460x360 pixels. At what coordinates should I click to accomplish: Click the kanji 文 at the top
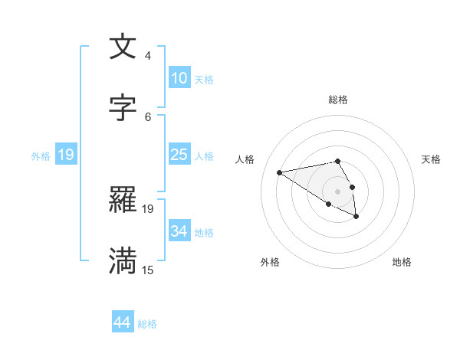123,47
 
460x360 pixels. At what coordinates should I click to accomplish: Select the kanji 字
123,108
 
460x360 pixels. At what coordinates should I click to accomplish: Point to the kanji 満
123,261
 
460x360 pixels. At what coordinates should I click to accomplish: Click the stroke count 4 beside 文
148,56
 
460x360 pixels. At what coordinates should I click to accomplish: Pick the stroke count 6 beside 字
148,116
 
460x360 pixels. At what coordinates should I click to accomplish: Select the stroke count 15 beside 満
148,270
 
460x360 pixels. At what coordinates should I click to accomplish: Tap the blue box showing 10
179,78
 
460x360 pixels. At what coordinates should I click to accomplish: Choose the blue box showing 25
179,155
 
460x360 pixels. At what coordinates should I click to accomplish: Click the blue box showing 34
179,231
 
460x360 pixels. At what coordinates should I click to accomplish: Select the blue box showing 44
123,322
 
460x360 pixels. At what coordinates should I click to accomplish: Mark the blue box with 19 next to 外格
66,155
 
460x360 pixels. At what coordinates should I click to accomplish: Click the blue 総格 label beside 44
147,324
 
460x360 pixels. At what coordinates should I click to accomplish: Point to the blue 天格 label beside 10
204,80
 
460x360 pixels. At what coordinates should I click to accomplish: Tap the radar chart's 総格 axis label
338,100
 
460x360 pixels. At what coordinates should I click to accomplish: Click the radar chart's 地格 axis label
402,262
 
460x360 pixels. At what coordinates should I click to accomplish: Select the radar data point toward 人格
279,172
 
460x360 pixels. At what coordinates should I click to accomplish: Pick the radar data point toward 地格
356,217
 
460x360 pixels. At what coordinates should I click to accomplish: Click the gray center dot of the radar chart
337,191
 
